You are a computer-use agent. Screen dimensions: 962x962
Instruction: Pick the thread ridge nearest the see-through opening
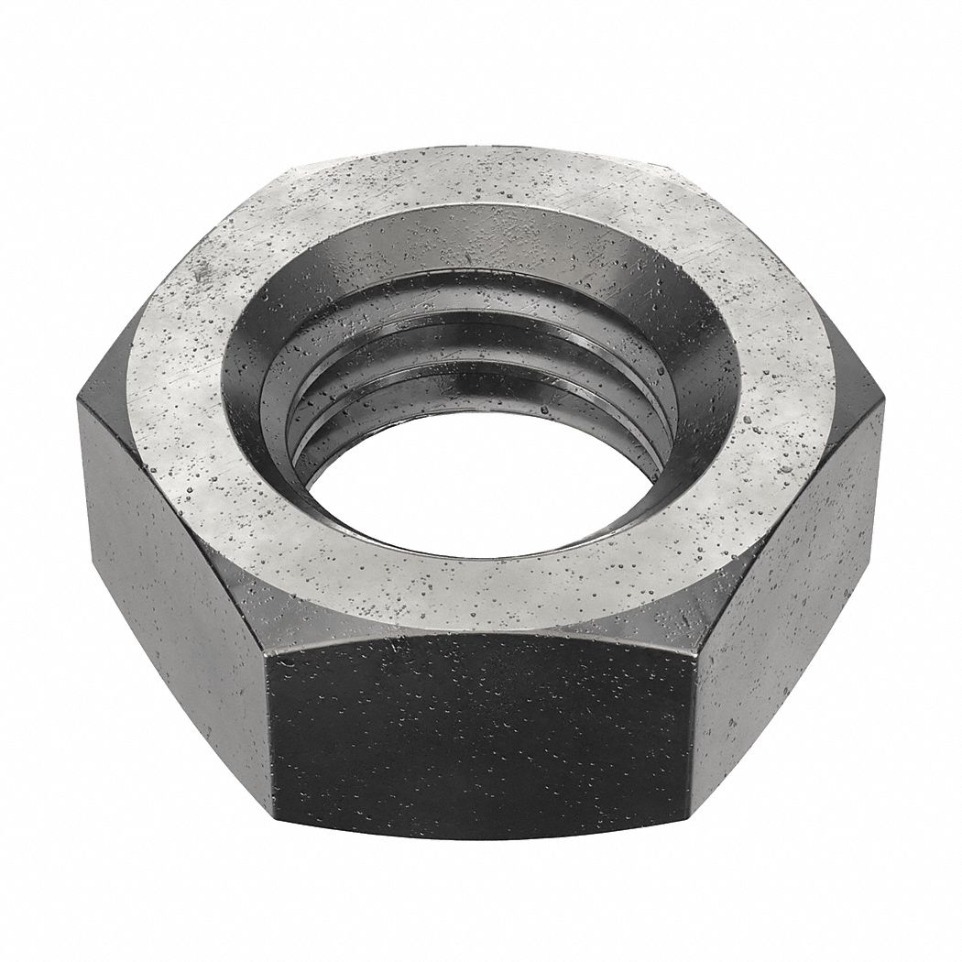tap(385, 440)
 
